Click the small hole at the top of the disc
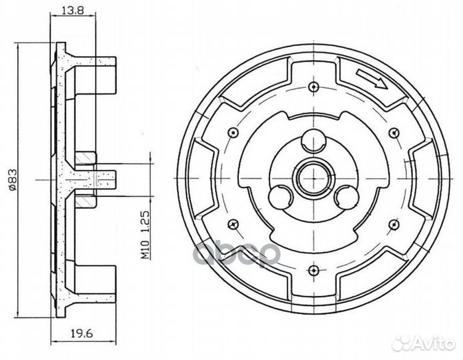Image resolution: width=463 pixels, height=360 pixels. (x=312, y=87)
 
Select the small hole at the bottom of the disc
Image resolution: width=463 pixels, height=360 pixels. (x=312, y=269)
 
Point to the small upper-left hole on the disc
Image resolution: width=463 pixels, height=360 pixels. (x=232, y=132)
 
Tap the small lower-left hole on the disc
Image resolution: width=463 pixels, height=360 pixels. (x=232, y=223)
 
